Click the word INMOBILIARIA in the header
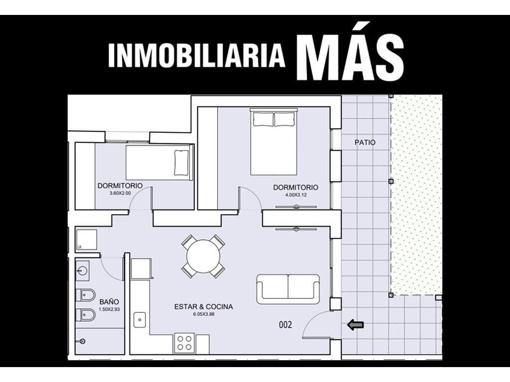[x=197, y=56]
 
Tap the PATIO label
[x=365, y=142]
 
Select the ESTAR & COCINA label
[x=204, y=306]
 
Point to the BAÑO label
[x=109, y=302]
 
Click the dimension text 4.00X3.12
[x=296, y=195]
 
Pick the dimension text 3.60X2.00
[x=120, y=193]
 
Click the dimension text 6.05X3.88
[x=204, y=314]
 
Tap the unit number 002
[x=285, y=324]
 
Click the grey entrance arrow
[x=356, y=324]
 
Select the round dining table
[x=203, y=257]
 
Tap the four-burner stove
[x=184, y=343]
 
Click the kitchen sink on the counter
[x=140, y=320]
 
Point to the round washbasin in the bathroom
[x=82, y=270]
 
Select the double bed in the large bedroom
[x=273, y=142]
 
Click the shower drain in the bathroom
[x=83, y=341]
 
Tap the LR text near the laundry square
[x=79, y=247]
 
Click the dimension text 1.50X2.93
[x=110, y=309]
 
